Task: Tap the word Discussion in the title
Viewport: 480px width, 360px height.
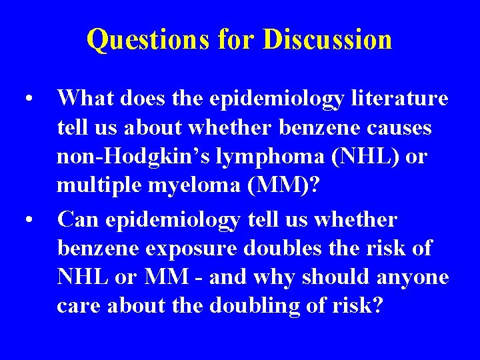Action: pyautogui.click(x=327, y=40)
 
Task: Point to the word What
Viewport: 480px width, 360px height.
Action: pyautogui.click(x=82, y=99)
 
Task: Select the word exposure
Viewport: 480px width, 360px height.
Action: pyautogui.click(x=198, y=249)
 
